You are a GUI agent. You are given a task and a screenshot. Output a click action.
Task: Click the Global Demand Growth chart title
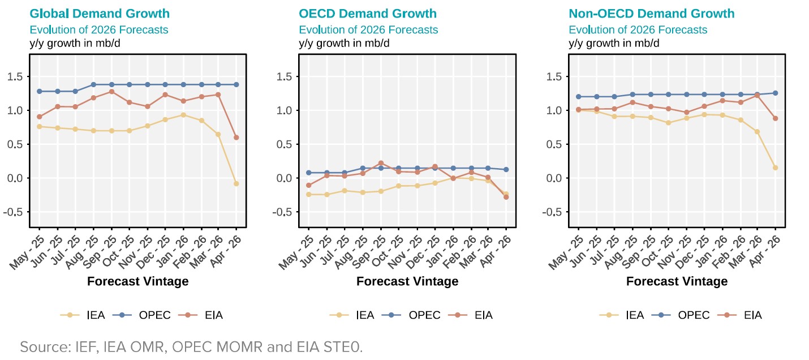tap(100, 14)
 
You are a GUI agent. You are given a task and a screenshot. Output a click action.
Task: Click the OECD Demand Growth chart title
tap(368, 14)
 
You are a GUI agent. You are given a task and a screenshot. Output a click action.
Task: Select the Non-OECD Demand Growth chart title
tap(651, 14)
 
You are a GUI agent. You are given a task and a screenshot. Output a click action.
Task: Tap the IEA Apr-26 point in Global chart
tap(236, 183)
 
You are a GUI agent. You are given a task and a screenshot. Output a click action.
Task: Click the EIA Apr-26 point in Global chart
tap(236, 138)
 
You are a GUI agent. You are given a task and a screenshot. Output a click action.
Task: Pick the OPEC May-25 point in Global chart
tap(39, 91)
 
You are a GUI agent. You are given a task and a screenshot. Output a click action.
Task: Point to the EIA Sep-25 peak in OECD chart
tap(381, 163)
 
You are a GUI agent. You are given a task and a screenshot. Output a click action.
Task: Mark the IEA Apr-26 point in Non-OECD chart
tap(775, 168)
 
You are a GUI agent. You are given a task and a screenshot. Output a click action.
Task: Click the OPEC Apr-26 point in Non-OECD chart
tap(775, 93)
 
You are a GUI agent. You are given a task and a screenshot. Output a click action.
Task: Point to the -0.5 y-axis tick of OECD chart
tap(285, 212)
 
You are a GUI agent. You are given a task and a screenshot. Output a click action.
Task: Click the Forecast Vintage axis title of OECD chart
tap(407, 281)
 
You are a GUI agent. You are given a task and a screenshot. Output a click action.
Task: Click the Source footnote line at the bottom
tap(191, 346)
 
